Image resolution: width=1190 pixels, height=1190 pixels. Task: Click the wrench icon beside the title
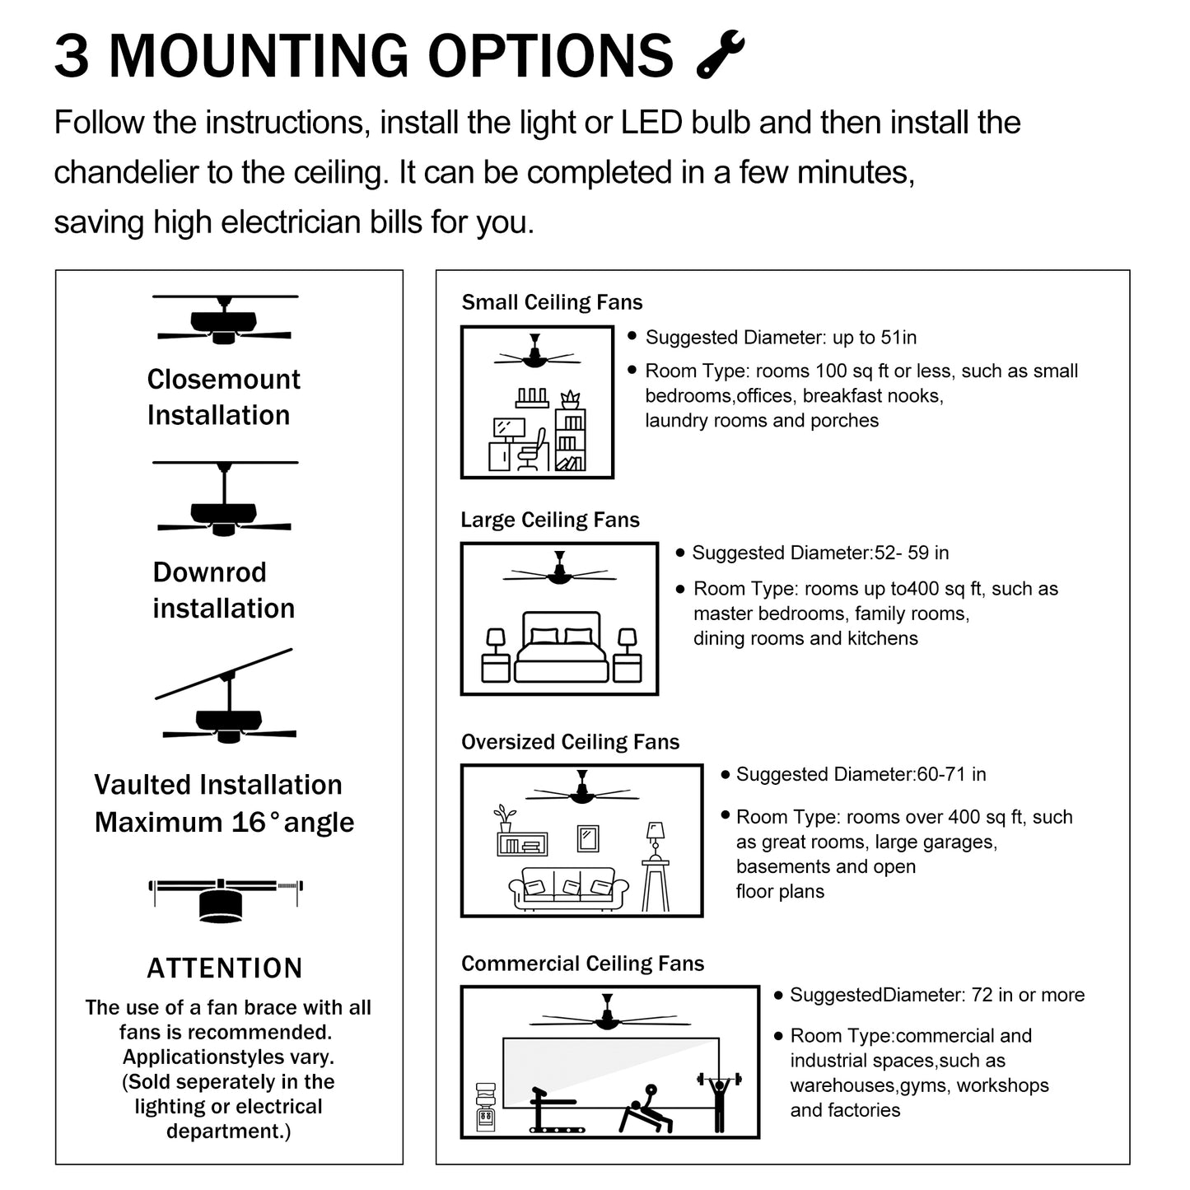tap(721, 55)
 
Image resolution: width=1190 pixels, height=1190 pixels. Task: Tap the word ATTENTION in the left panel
tap(225, 968)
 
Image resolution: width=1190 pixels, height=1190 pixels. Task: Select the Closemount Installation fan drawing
tap(224, 320)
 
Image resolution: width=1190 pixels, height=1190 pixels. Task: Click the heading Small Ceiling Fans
tap(552, 302)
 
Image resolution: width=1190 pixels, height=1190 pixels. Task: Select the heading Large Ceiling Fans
tap(550, 520)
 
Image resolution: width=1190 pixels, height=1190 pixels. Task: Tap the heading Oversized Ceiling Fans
tap(570, 742)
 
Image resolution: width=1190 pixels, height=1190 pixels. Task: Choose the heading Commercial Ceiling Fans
tap(582, 964)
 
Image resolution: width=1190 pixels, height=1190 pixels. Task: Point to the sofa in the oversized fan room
tap(569, 889)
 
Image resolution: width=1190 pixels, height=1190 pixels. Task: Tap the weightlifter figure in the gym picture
tap(719, 1099)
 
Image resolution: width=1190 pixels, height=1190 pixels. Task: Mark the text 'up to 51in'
tap(875, 337)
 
